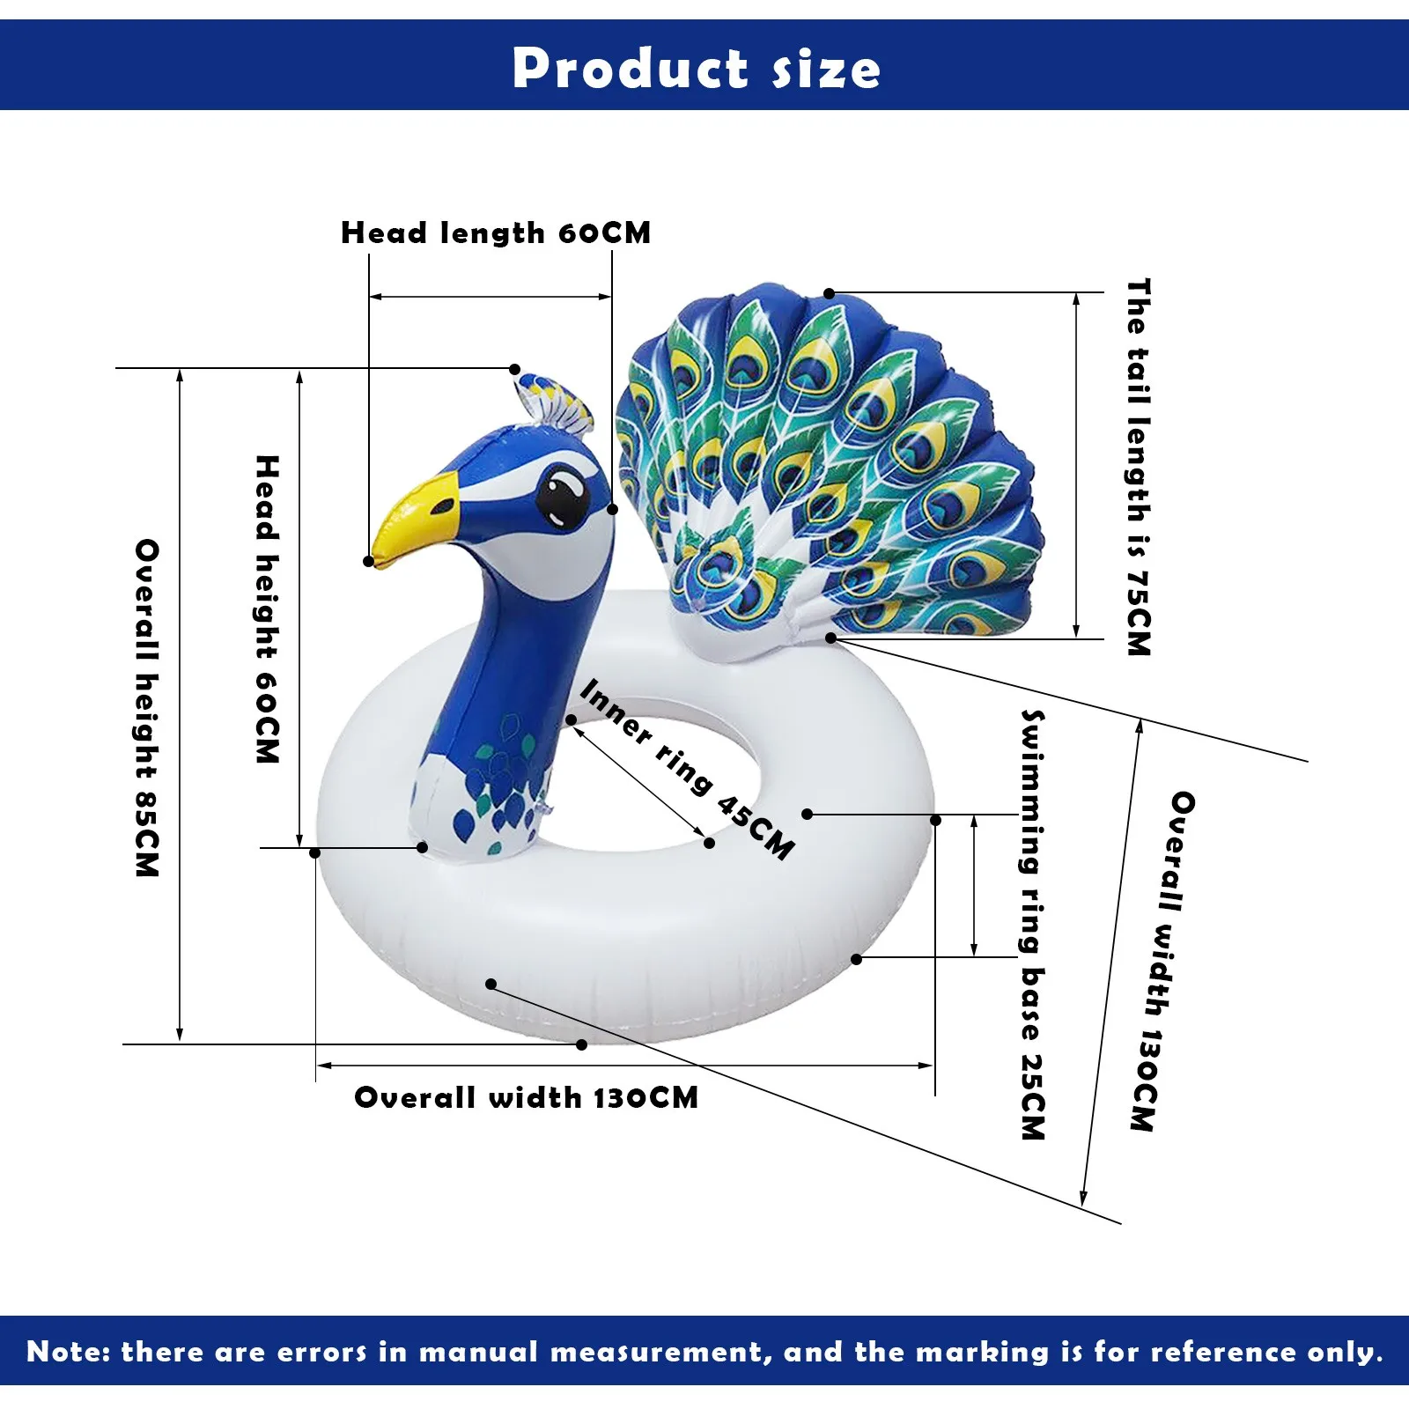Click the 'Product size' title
(x=696, y=68)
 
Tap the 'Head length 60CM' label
(x=496, y=232)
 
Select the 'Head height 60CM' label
(x=267, y=609)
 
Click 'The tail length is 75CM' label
(x=1139, y=467)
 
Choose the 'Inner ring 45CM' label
(x=688, y=768)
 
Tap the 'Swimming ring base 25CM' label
(x=1033, y=924)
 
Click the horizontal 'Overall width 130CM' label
(x=526, y=1097)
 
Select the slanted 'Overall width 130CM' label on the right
(x=1162, y=961)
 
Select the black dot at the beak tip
(x=369, y=561)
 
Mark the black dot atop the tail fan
(x=829, y=293)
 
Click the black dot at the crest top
(x=515, y=370)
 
